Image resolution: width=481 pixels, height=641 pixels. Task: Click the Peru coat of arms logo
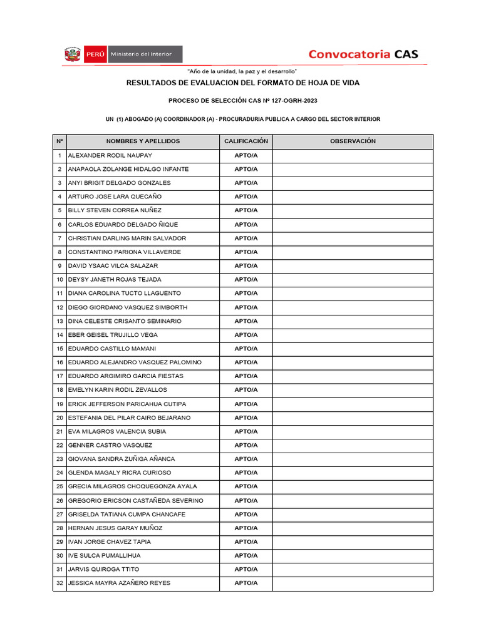coord(73,54)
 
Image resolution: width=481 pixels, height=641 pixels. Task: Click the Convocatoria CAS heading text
coord(363,54)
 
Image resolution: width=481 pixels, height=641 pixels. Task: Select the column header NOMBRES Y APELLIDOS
coord(143,141)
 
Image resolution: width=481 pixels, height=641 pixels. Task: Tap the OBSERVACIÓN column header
coord(353,141)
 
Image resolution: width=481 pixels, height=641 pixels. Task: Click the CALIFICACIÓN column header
coord(246,141)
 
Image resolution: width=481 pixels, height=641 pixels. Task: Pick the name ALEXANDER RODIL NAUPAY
coord(110,155)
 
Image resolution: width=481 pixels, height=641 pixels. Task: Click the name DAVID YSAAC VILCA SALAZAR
coord(113,266)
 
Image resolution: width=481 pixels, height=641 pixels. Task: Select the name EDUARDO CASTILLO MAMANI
coord(112,349)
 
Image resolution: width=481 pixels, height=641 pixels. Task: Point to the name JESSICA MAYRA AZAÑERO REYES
coord(119,583)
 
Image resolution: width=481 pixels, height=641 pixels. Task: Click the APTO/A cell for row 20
coord(246,418)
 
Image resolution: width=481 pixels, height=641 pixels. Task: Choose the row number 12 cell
coord(59,307)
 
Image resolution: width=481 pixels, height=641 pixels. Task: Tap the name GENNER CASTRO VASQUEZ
coord(110,445)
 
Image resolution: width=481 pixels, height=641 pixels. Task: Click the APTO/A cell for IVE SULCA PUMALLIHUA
coord(246,556)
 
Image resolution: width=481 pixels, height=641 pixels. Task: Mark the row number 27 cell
coord(59,515)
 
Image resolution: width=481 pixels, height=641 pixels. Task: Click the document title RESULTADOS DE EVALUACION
coord(243,83)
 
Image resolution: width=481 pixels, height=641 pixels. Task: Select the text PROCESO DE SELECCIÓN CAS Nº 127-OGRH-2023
coord(243,101)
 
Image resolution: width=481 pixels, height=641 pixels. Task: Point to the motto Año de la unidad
coord(242,71)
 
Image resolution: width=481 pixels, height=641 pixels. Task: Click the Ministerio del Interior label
coord(145,54)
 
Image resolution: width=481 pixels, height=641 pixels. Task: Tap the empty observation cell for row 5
coord(353,210)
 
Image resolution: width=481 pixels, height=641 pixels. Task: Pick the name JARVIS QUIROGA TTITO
coord(104,570)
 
